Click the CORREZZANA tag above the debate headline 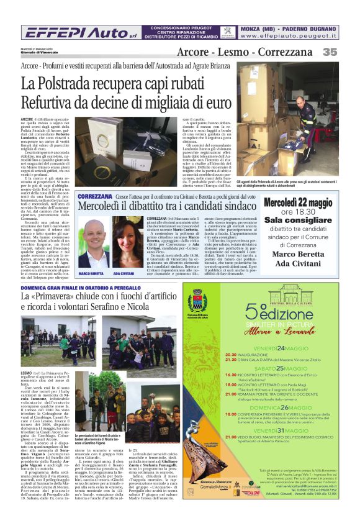click(x=92, y=196)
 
